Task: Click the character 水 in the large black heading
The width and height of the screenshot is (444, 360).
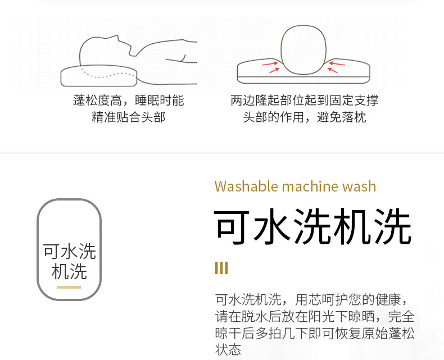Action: coord(264,227)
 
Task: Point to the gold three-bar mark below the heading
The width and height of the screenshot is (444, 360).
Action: coord(221,268)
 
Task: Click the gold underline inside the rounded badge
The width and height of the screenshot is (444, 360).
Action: coord(69,287)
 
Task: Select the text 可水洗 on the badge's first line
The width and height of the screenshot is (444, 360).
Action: coord(69,251)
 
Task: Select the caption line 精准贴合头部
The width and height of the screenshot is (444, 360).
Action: coord(129,118)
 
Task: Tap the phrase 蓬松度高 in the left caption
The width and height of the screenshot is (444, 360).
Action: coord(96,101)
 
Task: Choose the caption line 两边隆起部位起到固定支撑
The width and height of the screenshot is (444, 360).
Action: coord(304,101)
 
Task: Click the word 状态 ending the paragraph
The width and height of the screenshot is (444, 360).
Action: coord(228,349)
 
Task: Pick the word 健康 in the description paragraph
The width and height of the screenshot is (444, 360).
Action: coord(388,298)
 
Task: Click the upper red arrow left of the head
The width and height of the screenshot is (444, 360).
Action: coord(270,63)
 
